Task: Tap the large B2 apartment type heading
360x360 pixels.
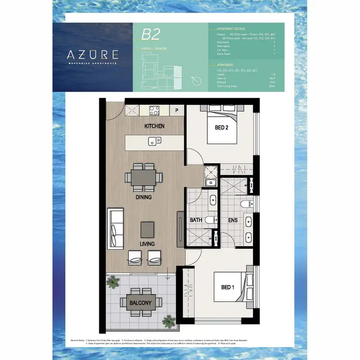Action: pos(150,35)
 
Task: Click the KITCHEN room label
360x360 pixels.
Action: pos(155,126)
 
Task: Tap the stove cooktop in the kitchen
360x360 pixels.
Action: pos(155,110)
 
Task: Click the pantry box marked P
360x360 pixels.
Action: pos(177,110)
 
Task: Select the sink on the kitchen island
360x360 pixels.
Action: pos(155,141)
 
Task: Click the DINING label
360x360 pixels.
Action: pos(144,197)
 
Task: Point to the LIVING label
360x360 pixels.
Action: pos(147,244)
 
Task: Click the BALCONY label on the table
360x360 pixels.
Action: pos(140,303)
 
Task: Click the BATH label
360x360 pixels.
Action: pos(195,219)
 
